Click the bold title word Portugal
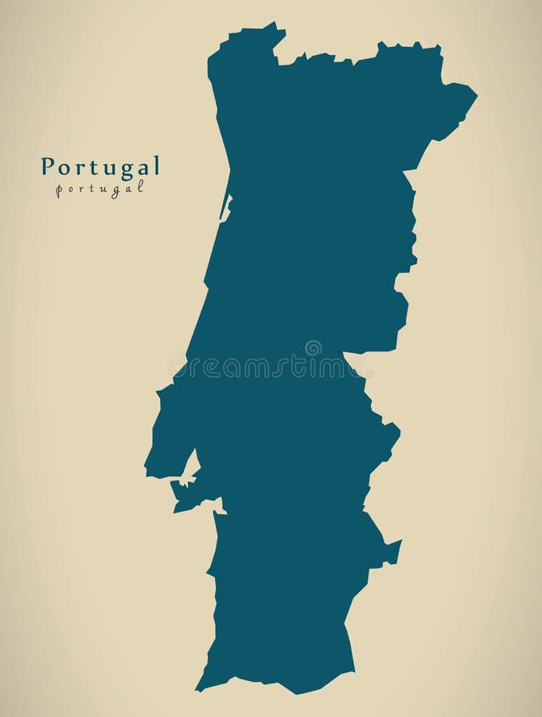tap(100, 167)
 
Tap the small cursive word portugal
tap(100, 189)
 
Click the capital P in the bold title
tap(48, 166)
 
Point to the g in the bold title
tap(127, 168)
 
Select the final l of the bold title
tap(157, 165)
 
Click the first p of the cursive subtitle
tap(60, 190)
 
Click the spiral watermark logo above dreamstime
tap(314, 348)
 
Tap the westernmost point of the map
tap(146, 468)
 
